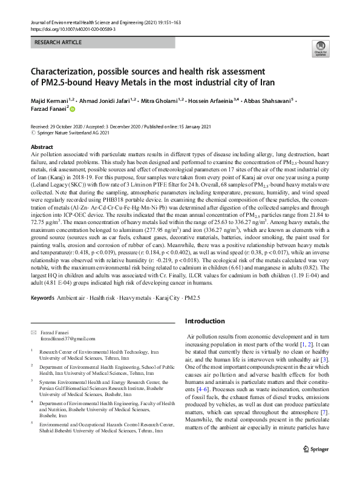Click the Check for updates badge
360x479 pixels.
[319, 48]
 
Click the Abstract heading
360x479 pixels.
[41, 147]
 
